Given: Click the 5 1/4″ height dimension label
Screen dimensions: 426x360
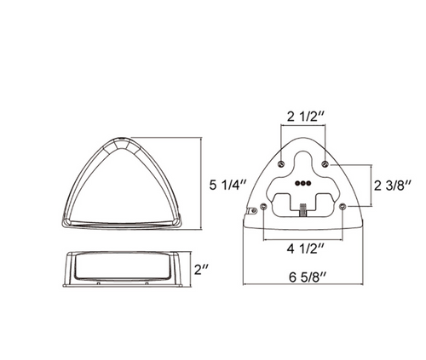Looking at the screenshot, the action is click(227, 185).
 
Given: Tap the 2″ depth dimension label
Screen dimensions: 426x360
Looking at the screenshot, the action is click(202, 269).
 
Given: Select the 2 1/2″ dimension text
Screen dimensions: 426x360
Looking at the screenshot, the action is click(306, 117).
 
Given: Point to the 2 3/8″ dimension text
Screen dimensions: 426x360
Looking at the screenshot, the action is click(393, 186).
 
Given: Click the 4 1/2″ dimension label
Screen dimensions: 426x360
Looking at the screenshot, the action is click(306, 249).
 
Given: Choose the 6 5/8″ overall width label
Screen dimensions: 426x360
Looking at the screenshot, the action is click(308, 277).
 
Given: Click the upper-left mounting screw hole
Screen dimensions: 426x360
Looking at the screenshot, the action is click(281, 163).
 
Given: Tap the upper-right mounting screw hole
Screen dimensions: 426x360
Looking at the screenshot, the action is click(325, 163).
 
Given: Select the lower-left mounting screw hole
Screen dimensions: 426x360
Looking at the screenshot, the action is click(264, 206).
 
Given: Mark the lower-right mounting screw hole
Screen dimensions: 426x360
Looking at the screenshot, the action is click(343, 206).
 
